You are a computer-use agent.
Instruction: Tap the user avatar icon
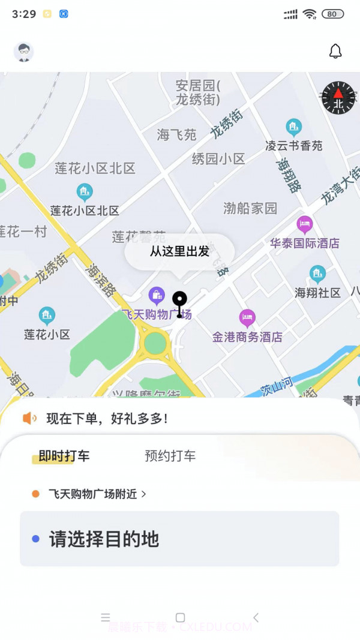tap(24, 52)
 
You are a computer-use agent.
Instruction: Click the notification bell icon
tap(335, 52)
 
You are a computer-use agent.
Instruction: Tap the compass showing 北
tap(338, 98)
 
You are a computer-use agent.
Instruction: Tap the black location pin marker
tap(179, 302)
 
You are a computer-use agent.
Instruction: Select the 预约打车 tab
tap(170, 456)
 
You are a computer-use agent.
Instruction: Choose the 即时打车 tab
tap(64, 456)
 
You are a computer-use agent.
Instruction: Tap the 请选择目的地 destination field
tap(179, 539)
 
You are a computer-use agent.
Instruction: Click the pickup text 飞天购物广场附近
tap(93, 494)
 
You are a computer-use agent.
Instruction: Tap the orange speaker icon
tap(29, 419)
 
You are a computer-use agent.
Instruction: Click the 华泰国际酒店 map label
tap(304, 244)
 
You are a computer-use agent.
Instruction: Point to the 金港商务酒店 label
tap(247, 337)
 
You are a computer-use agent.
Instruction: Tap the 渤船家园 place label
tap(250, 208)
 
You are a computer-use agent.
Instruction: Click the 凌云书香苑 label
tap(294, 146)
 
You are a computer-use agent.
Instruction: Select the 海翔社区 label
tap(317, 293)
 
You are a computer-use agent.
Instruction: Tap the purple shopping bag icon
tap(157, 295)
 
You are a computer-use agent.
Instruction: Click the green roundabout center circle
tap(155, 343)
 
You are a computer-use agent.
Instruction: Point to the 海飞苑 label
tap(177, 135)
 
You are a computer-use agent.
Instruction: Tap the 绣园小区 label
tap(218, 159)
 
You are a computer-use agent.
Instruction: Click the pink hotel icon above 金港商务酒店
tap(247, 318)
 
